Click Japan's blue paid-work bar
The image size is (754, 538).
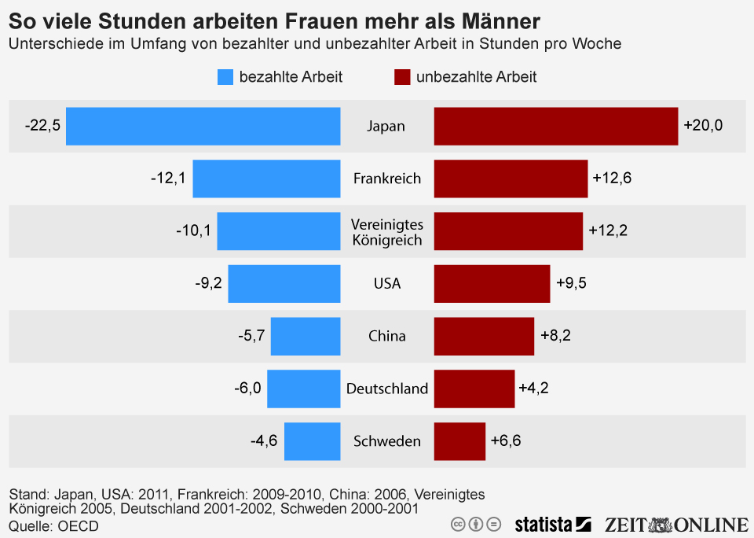pos(203,126)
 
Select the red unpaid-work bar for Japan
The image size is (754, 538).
pos(555,126)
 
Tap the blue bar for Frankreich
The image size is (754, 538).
pos(266,179)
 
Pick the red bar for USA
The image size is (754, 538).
pos(492,283)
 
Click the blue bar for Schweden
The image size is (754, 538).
pos(312,441)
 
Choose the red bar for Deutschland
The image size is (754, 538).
pos(474,389)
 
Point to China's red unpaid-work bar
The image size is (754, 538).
pos(484,336)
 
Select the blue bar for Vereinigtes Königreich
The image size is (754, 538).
pos(278,231)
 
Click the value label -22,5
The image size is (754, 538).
pos(42,126)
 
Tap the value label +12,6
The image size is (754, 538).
pos(612,179)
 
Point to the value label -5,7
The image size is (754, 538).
pos(251,336)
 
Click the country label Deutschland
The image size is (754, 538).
pos(387,389)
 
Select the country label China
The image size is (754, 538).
pos(387,336)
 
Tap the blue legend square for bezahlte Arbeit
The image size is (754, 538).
pos(225,77)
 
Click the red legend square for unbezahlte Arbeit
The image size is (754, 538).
pos(402,77)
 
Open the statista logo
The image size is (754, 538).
pos(552,524)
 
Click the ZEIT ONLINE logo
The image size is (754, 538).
pos(676,524)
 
